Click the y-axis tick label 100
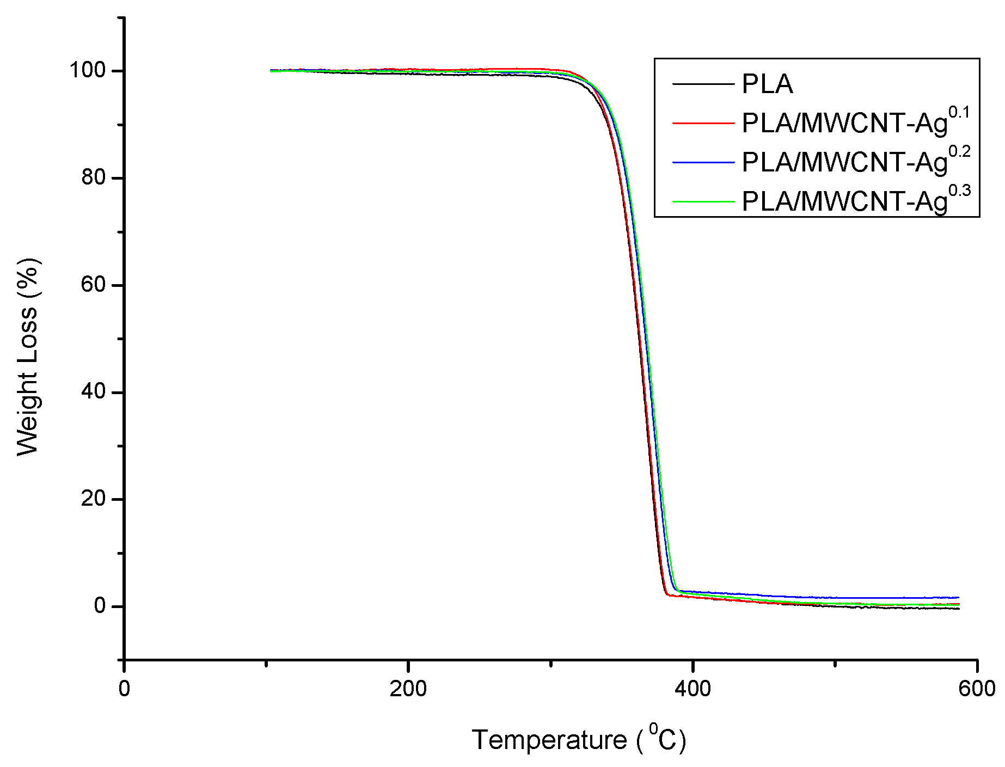coord(87,70)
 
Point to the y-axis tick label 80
coord(93,177)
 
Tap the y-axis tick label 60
coord(93,285)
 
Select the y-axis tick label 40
coord(93,392)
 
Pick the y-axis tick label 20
coord(93,499)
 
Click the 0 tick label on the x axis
coord(124,689)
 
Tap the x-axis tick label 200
coord(408,689)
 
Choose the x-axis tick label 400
coord(693,689)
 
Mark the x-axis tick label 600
coord(977,689)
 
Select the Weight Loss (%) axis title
coord(28,357)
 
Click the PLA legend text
coord(767,84)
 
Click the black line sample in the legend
coord(703,84)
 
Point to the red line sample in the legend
coord(703,123)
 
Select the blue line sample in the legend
coord(703,162)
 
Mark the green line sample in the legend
coord(703,201)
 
